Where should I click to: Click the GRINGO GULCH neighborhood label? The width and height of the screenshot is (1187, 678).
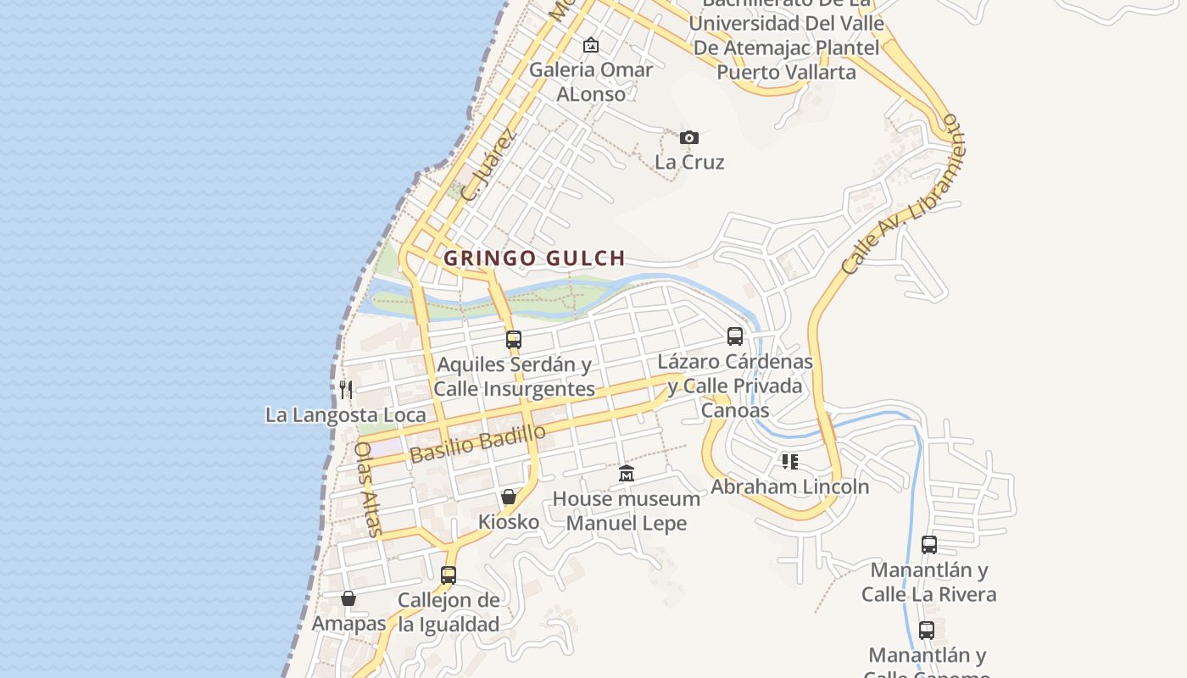[534, 258]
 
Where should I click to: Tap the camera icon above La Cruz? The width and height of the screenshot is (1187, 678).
[689, 137]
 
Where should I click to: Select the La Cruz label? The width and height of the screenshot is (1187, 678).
[689, 162]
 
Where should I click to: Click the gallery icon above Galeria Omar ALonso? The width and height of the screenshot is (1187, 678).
[591, 45]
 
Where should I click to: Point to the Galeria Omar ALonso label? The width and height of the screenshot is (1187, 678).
[591, 81]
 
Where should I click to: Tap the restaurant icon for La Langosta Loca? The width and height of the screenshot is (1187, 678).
[346, 390]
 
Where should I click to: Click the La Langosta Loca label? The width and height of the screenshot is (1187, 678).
[346, 415]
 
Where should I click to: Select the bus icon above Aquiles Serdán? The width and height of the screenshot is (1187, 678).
[513, 340]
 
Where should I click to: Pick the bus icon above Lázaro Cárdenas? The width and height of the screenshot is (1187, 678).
[735, 336]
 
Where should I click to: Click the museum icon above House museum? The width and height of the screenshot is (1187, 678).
[627, 473]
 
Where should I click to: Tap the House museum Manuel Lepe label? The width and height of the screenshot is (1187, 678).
[627, 510]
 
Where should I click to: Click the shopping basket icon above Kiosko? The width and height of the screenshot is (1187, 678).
[509, 497]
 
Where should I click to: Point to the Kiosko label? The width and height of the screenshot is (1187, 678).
[509, 521]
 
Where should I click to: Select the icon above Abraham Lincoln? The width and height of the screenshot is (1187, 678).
[790, 462]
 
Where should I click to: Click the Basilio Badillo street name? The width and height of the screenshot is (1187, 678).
[477, 443]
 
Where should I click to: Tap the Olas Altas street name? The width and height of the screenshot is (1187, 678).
[368, 489]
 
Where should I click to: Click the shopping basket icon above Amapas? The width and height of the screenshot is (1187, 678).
[348, 599]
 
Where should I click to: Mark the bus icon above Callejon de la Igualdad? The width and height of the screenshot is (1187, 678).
[449, 575]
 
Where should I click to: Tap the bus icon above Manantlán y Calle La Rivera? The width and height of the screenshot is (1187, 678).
[929, 545]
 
